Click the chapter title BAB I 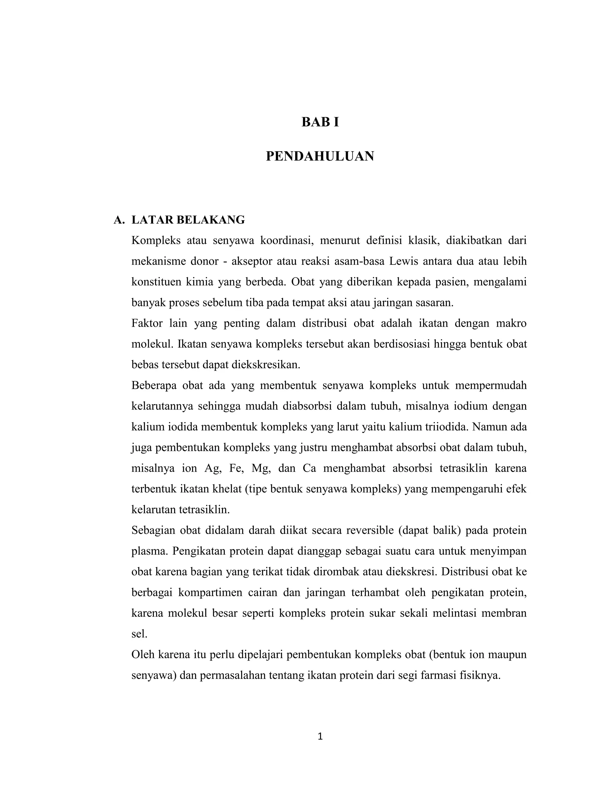320,123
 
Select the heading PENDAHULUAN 320,156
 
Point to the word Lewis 403,261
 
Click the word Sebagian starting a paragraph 153,530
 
